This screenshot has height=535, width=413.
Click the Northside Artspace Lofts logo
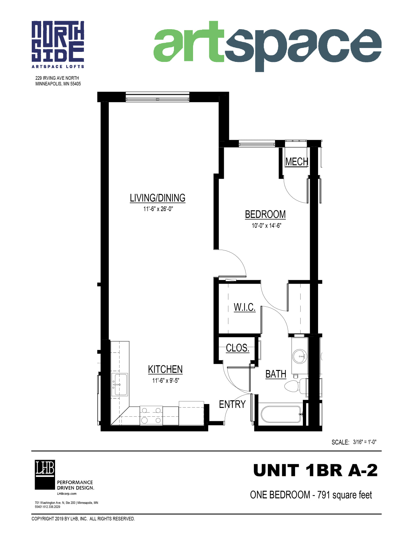58,44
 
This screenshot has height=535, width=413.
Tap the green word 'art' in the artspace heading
189,42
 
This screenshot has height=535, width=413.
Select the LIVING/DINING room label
157,198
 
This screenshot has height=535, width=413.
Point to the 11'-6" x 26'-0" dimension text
158,209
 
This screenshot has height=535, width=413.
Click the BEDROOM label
265,214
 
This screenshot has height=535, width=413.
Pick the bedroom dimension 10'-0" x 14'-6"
266,226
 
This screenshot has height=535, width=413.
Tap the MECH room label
297,162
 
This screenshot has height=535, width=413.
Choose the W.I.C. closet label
245,307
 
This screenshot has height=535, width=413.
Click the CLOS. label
238,348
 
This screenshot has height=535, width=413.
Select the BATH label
276,374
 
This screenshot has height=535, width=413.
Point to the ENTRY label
232,404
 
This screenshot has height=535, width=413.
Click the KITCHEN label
165,369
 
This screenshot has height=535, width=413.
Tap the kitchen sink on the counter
120,384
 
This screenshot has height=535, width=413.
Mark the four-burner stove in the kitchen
151,415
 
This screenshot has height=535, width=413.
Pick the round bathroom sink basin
300,356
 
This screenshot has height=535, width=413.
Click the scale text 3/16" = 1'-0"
364,442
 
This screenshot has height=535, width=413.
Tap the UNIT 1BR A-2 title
315,471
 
